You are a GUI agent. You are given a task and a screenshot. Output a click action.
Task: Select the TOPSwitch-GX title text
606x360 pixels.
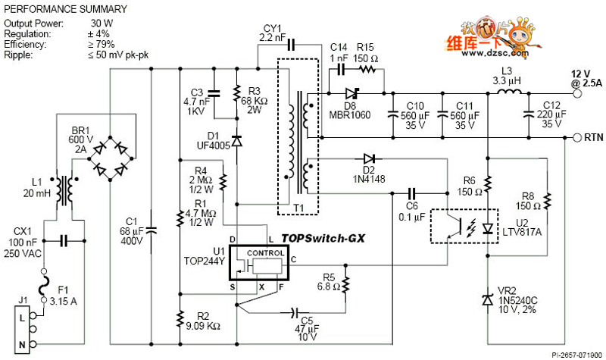click(x=323, y=237)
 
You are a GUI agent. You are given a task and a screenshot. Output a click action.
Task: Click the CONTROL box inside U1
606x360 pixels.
click(x=265, y=254)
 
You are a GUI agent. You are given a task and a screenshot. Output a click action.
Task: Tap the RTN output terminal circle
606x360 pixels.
click(x=567, y=138)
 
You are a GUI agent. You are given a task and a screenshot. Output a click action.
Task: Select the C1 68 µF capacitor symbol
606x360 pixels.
click(x=150, y=227)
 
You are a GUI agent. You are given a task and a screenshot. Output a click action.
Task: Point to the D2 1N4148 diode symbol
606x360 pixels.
click(x=369, y=158)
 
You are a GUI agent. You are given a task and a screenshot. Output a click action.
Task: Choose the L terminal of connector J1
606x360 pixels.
click(x=23, y=319)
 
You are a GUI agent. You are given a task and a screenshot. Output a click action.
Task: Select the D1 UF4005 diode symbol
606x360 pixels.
click(x=237, y=140)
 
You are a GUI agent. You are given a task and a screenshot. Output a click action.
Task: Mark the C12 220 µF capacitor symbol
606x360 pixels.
click(x=528, y=116)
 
